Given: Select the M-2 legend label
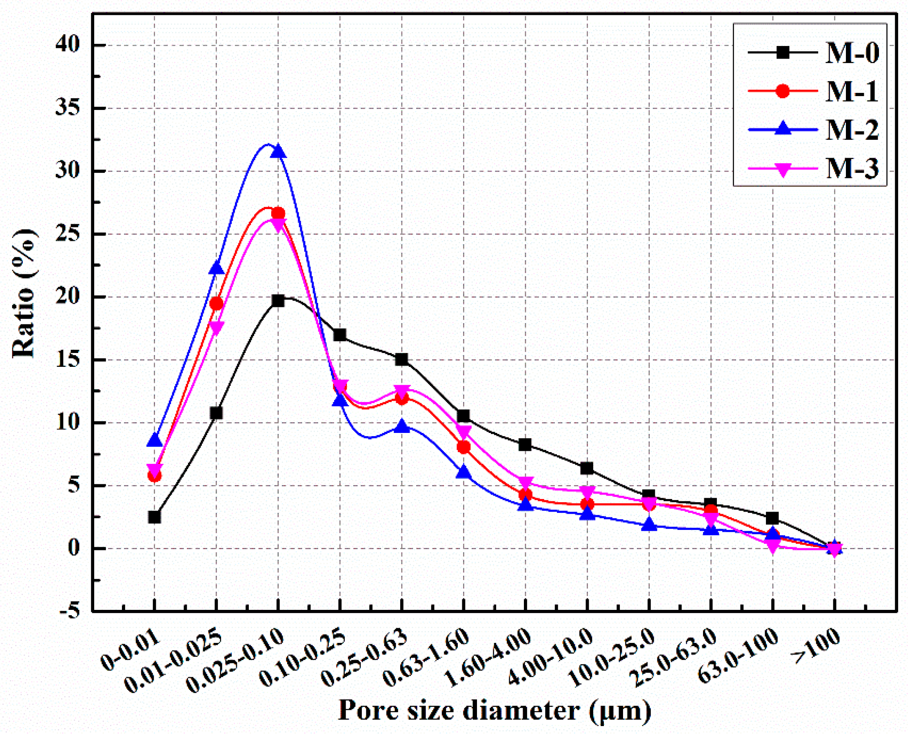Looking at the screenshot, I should pyautogui.click(x=851, y=130).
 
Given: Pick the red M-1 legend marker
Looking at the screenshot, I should pyautogui.click(x=782, y=91).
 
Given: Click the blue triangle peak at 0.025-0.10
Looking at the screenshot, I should pyautogui.click(x=278, y=152).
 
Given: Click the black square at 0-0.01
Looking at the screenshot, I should pyautogui.click(x=155, y=517).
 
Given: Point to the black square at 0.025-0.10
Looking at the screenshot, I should pyautogui.click(x=278, y=300).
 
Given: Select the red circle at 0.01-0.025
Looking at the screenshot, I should pyautogui.click(x=216, y=304).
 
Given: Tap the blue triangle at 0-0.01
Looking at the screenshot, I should pyautogui.click(x=155, y=441).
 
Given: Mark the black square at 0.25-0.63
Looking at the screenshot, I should pyautogui.click(x=402, y=359).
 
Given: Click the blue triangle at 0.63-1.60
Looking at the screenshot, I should pyautogui.click(x=463, y=472).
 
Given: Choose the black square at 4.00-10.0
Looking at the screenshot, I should pyautogui.click(x=587, y=468).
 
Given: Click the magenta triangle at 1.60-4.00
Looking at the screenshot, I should pyautogui.click(x=525, y=483).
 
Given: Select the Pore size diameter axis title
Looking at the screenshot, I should pyautogui.click(x=494, y=710).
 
